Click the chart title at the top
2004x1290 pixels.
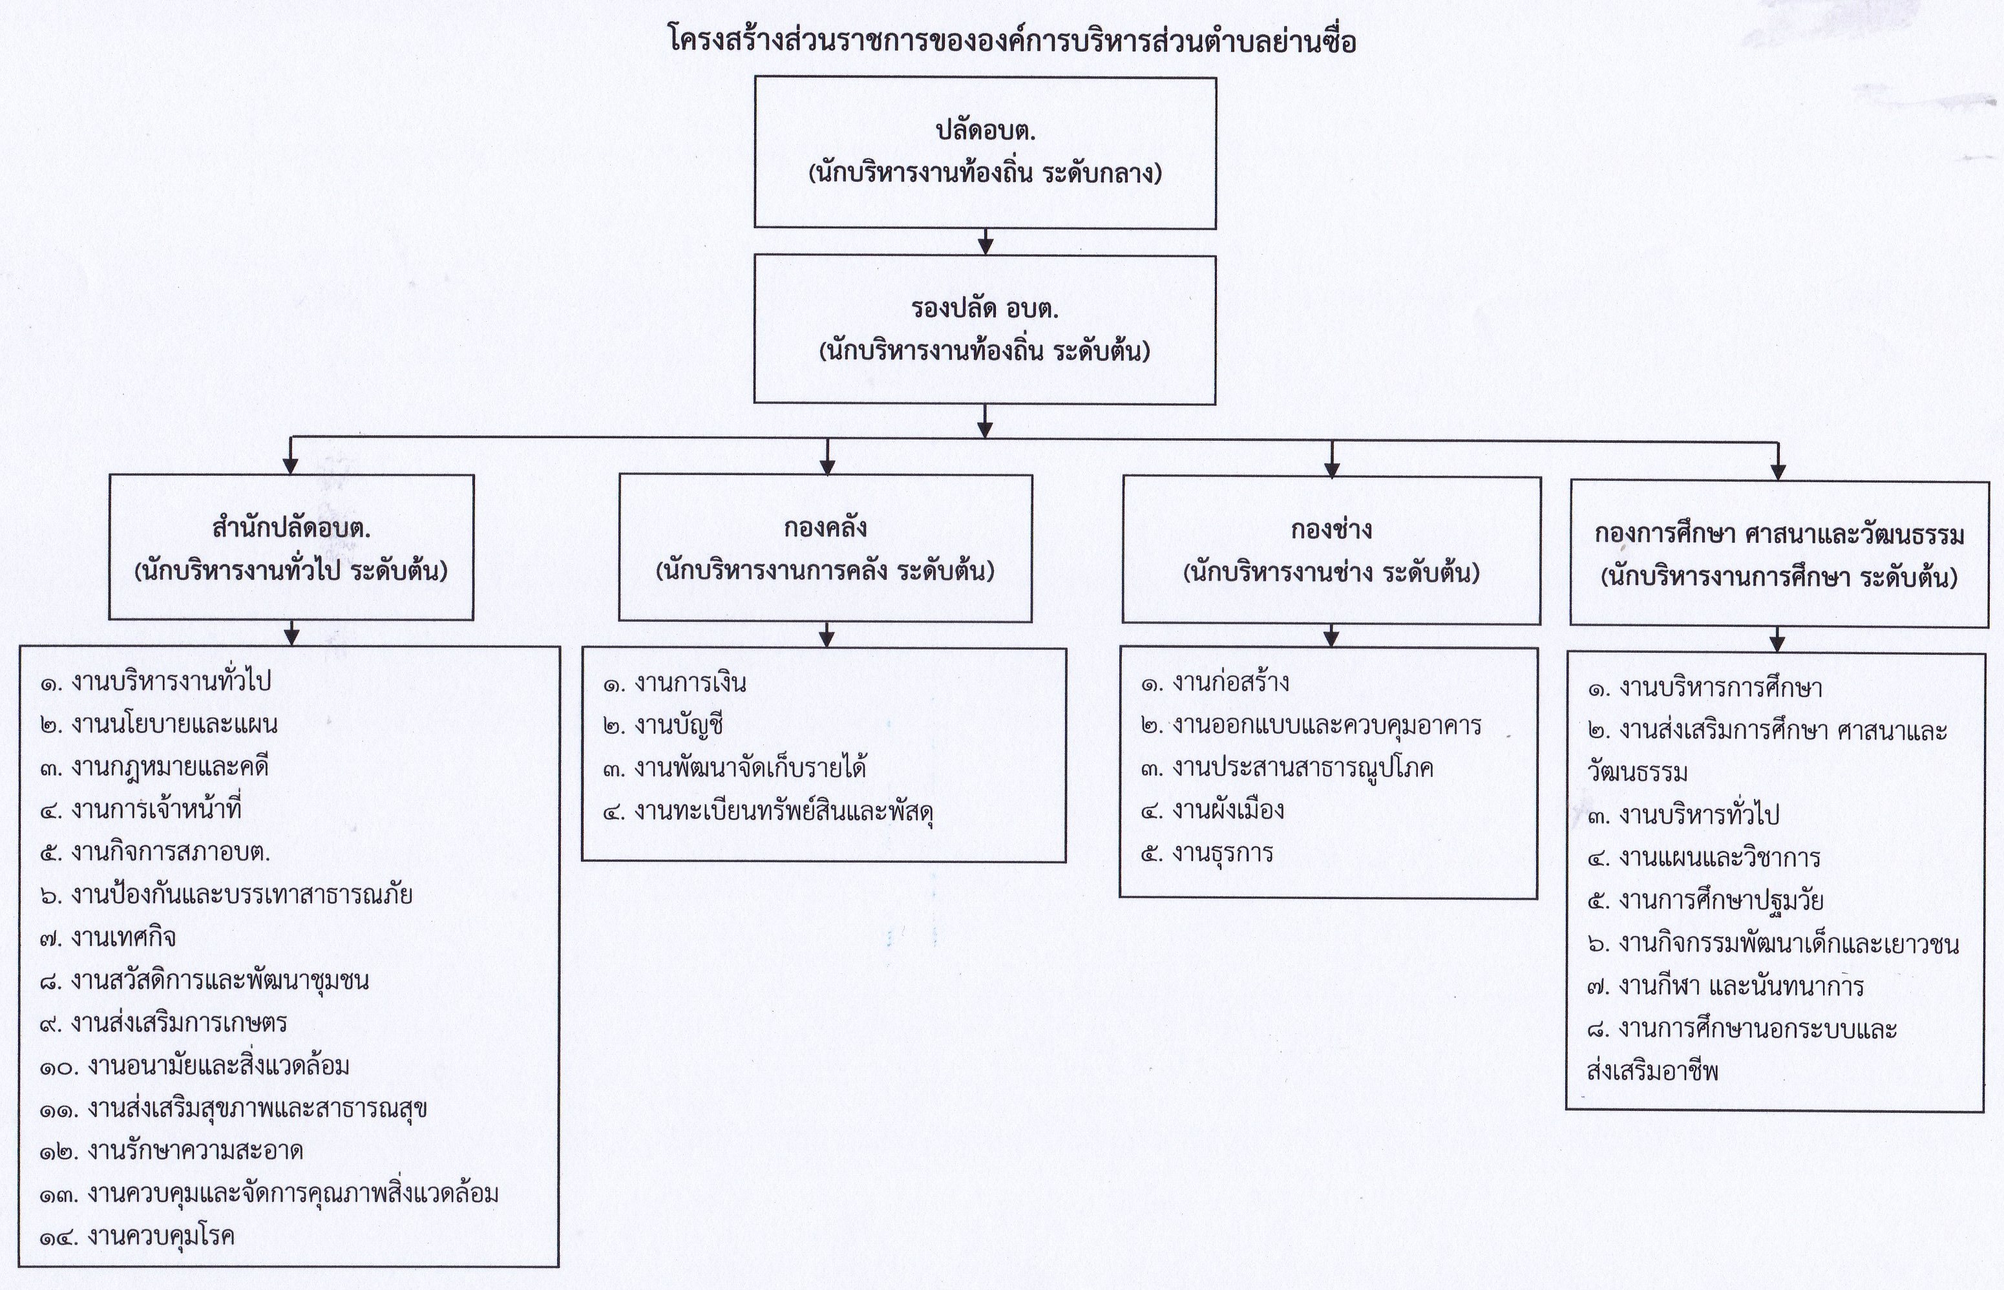click(x=1011, y=40)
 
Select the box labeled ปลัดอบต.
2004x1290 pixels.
click(x=985, y=153)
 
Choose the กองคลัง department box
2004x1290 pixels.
click(x=826, y=548)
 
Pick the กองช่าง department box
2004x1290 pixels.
click(x=1331, y=551)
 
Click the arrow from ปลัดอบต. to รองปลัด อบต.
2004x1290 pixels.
click(x=986, y=241)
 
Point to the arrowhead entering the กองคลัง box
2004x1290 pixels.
click(x=827, y=467)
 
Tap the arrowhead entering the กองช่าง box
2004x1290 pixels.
click(x=1331, y=469)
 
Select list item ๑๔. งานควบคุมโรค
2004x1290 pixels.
click(x=136, y=1236)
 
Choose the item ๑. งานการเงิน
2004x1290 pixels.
click(x=674, y=682)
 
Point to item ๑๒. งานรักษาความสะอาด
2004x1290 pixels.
click(x=171, y=1150)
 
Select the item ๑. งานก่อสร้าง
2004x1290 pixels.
click(x=1214, y=682)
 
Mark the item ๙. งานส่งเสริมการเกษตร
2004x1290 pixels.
click(x=163, y=1023)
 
